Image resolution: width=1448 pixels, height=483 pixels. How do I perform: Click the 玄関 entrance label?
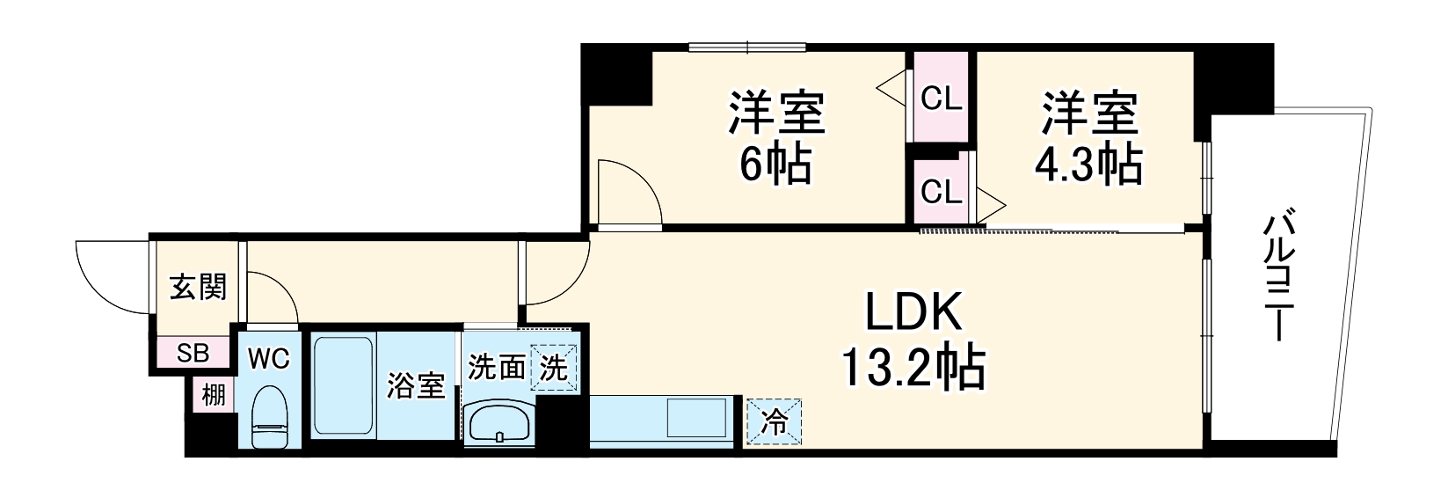(198, 287)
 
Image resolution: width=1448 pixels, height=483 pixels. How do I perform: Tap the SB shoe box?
(193, 353)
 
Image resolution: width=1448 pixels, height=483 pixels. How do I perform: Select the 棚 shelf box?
(214, 395)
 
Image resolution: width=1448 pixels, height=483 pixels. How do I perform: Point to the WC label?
(268, 359)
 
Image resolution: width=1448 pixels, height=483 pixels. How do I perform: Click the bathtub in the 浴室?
(343, 385)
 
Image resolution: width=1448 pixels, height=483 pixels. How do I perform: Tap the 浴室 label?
(417, 385)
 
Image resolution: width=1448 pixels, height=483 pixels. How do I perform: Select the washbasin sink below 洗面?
(498, 422)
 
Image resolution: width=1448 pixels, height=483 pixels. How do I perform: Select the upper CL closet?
(941, 99)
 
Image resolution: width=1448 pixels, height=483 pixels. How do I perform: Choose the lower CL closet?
(941, 191)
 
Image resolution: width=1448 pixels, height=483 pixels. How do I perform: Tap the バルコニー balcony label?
(1276, 276)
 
